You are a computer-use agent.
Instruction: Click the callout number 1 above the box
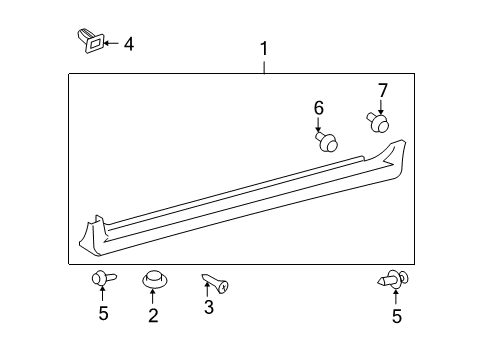(x=264, y=49)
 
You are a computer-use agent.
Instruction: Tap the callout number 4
(x=129, y=44)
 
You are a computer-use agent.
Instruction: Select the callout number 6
(x=319, y=108)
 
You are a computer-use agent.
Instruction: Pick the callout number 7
(x=383, y=91)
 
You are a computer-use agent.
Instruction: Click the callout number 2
(x=153, y=315)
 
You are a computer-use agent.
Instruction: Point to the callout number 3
(x=209, y=307)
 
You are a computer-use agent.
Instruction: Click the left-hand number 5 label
(x=103, y=313)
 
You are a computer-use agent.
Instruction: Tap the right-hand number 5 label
(x=397, y=316)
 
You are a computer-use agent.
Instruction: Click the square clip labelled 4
(x=91, y=41)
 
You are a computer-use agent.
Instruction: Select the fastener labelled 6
(x=327, y=141)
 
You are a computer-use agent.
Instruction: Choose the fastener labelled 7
(x=378, y=123)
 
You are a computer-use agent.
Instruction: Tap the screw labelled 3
(x=215, y=283)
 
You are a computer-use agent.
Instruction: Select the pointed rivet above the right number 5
(x=393, y=279)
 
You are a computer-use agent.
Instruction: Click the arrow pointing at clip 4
(x=112, y=43)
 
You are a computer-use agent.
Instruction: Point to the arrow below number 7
(x=381, y=108)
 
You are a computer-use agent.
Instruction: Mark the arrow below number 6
(x=318, y=125)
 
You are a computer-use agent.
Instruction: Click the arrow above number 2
(x=153, y=297)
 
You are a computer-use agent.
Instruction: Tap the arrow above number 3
(x=207, y=289)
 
